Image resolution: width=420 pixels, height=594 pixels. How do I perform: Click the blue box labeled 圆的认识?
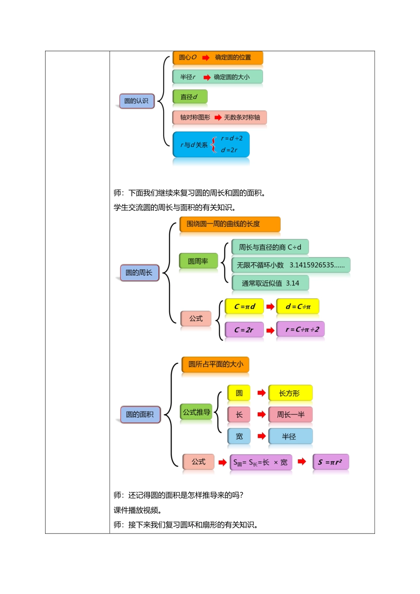[x=137, y=101]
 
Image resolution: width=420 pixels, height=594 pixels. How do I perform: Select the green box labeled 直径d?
[x=190, y=97]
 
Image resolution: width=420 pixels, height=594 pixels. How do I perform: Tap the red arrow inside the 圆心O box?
[x=206, y=58]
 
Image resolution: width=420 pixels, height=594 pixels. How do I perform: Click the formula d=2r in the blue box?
[x=229, y=150]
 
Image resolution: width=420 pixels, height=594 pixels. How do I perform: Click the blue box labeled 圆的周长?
[x=139, y=273]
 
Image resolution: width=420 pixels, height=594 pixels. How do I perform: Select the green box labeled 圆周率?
[x=199, y=261]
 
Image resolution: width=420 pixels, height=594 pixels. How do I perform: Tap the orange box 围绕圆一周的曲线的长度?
[x=230, y=224]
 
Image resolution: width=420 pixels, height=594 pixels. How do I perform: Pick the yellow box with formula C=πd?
[x=244, y=306]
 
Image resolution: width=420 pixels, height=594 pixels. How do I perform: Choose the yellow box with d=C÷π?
[x=298, y=306]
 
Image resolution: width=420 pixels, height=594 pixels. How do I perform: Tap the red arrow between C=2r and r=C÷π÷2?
[x=270, y=330]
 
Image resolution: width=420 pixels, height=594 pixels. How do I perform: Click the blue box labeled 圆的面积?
[x=140, y=415]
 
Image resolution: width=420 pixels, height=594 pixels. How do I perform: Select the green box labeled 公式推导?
[x=196, y=412]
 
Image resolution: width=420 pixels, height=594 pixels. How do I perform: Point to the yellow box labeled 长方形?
[x=290, y=393]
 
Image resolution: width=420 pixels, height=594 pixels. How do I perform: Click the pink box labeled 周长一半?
[x=290, y=415]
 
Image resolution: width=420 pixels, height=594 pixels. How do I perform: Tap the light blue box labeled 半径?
[x=290, y=436]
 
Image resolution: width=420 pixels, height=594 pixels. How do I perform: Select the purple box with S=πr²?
[x=331, y=462]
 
